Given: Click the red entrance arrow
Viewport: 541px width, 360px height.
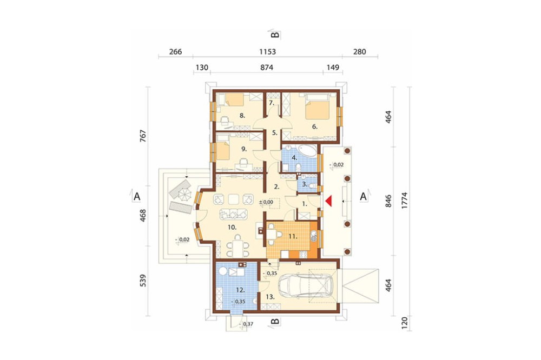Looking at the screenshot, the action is pyautogui.click(x=328, y=201).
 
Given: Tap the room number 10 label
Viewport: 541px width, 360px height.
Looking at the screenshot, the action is pyautogui.click(x=232, y=227).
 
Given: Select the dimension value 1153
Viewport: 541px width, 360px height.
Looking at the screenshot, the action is pyautogui.click(x=268, y=52).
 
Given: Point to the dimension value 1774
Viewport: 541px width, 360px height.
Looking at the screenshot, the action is pyautogui.click(x=404, y=200).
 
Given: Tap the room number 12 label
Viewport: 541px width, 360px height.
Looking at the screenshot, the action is pyautogui.click(x=241, y=290).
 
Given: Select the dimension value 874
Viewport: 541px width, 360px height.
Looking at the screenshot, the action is pyautogui.click(x=267, y=67).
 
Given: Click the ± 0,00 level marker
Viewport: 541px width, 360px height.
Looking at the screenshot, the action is pyautogui.click(x=267, y=202).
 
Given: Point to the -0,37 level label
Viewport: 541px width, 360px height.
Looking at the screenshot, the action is pyautogui.click(x=247, y=324).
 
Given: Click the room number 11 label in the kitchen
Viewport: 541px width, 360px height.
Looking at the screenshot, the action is pyautogui.click(x=293, y=237).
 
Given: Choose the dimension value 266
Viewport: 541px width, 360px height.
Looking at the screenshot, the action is pyautogui.click(x=176, y=52).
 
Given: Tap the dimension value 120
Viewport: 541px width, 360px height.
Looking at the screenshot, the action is pyautogui.click(x=404, y=322).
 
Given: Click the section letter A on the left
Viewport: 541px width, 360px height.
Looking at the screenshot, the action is pyautogui.click(x=137, y=197).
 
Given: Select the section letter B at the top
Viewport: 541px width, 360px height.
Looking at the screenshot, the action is pyautogui.click(x=275, y=35).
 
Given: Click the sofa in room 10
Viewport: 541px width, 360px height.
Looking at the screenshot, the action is pyautogui.click(x=234, y=214).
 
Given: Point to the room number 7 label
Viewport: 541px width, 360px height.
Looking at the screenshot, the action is pyautogui.click(x=272, y=103).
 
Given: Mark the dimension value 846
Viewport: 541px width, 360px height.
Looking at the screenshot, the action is pyautogui.click(x=388, y=201).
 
